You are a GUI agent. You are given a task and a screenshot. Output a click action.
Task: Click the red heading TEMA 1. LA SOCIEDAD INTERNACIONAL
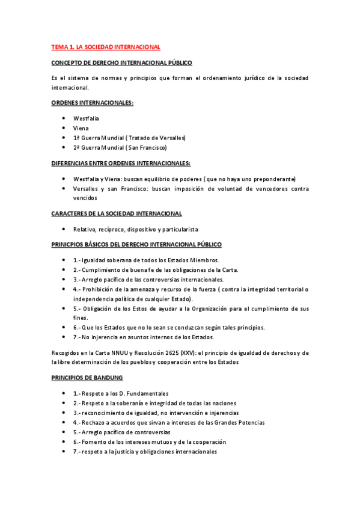pyautogui.click(x=105, y=46)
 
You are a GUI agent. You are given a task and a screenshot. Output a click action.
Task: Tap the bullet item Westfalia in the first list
pyautogui.click(x=86, y=118)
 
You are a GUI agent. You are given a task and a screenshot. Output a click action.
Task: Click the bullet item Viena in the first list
pyautogui.click(x=81, y=128)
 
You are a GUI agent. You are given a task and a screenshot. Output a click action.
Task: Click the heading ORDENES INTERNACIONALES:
pyautogui.click(x=92, y=103)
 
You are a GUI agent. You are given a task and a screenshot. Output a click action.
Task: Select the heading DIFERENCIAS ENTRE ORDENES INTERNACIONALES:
pyautogui.click(x=121, y=163)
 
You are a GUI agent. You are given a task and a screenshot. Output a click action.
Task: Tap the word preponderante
pyautogui.click(x=273, y=179)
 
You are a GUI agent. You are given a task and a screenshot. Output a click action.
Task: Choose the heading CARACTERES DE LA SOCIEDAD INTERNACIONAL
pyautogui.click(x=117, y=214)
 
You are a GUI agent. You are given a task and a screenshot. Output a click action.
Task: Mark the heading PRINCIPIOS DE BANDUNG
pyautogui.click(x=87, y=377)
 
